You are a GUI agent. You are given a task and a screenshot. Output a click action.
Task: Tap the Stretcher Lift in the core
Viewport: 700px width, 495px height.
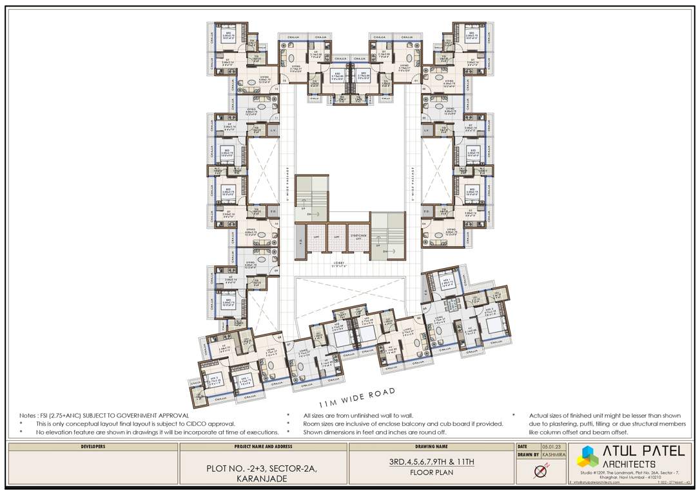point(358,238)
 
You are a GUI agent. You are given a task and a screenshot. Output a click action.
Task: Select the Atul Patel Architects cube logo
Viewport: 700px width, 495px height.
point(587,456)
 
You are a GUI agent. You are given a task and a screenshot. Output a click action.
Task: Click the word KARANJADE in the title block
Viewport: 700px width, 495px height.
point(263,480)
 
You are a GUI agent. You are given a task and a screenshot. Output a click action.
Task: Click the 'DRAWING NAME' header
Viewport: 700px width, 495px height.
point(431,446)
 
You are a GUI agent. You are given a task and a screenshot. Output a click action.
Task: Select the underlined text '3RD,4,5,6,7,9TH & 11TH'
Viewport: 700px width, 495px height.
point(431,462)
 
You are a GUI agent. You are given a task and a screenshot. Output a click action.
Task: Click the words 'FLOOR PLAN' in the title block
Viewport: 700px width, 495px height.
point(431,472)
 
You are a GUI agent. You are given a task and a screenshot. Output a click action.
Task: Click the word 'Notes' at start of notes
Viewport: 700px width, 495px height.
point(28,416)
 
